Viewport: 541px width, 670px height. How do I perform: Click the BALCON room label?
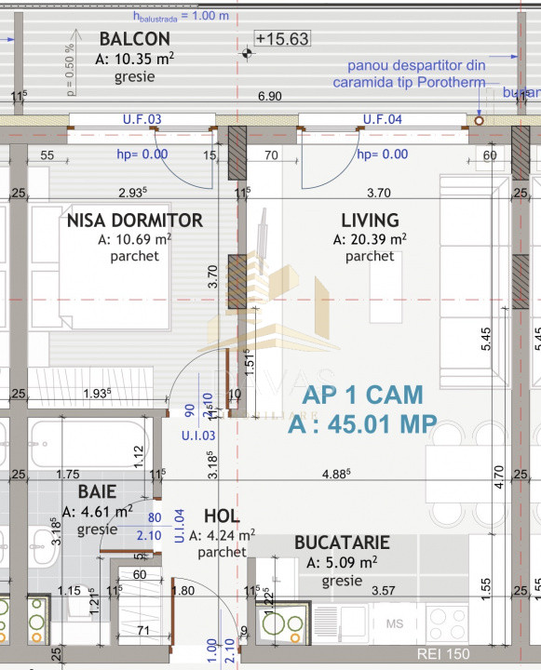pos(134,39)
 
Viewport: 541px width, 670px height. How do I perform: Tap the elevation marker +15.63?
pos(282,39)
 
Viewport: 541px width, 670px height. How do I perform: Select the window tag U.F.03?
pos(142,119)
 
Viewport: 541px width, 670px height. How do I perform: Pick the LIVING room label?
pos(370,221)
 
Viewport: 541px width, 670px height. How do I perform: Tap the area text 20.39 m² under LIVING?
pos(370,239)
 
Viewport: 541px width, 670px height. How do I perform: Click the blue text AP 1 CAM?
pos(362,394)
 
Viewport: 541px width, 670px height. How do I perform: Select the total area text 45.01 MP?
pos(362,424)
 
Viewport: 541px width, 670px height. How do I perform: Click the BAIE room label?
pos(97,491)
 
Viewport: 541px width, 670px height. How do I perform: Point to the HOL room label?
pos(221,516)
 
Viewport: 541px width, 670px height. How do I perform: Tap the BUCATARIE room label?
pos(342,543)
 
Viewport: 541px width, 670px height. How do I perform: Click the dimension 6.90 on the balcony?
pos(269,97)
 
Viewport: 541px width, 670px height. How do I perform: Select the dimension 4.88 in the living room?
pos(335,474)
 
